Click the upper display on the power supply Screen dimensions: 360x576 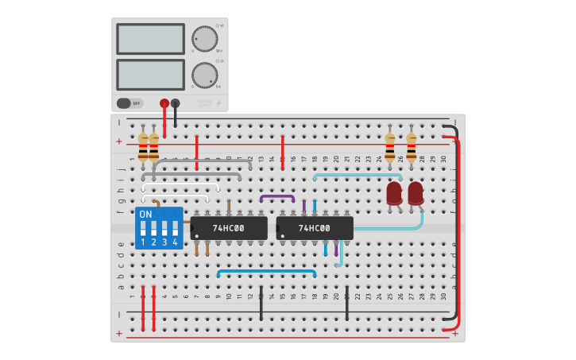click(150, 38)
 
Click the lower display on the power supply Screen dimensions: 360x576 click(150, 75)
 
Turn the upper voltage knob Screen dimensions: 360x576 click(204, 39)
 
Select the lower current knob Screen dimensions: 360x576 click(204, 75)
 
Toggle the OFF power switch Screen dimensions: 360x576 click(130, 103)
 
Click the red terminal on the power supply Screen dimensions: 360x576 click(164, 103)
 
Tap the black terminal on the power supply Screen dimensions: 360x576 click(176, 103)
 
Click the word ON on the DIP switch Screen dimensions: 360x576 click(145, 215)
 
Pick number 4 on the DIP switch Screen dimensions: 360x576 click(175, 242)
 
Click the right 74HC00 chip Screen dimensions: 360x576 click(315, 228)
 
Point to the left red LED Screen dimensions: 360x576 click(394, 193)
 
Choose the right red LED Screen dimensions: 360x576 click(416, 193)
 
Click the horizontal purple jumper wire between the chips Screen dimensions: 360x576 click(277, 196)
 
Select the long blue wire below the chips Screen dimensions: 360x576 click(266, 271)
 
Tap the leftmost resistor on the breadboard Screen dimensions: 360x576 click(143, 147)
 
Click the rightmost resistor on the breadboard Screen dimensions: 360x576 click(411, 147)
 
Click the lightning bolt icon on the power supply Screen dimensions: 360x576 click(218, 103)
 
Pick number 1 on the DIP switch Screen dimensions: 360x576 click(143, 242)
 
